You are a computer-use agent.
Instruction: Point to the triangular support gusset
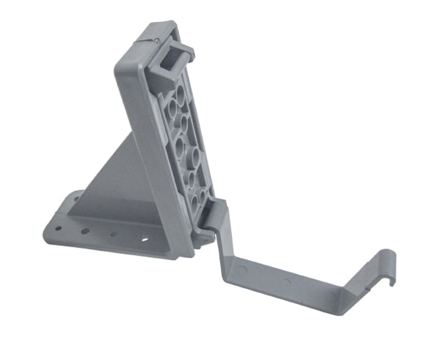117,176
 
